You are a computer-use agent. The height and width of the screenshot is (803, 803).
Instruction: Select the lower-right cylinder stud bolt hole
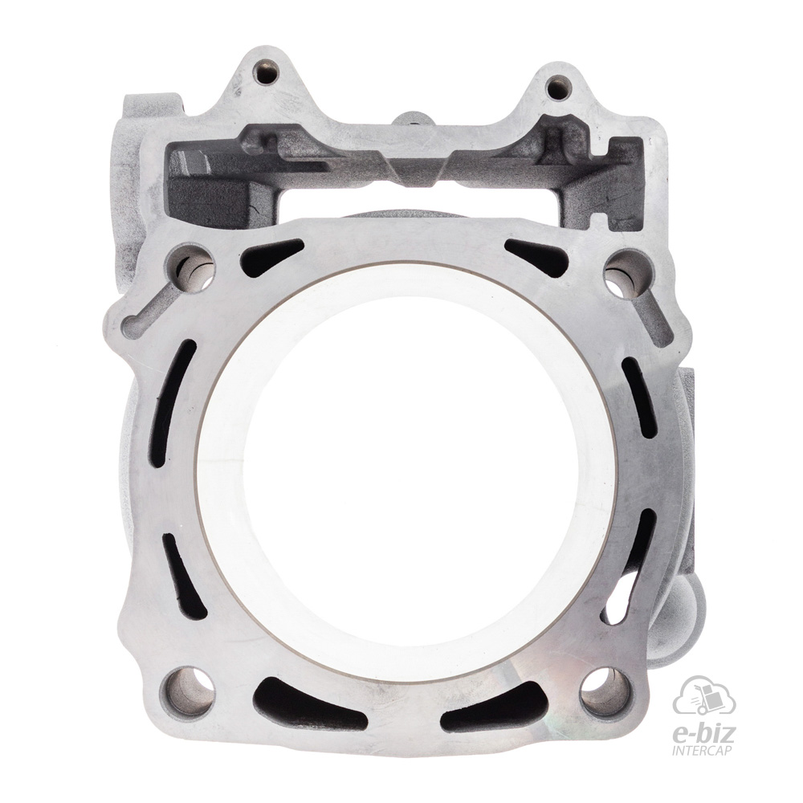pyautogui.click(x=605, y=687)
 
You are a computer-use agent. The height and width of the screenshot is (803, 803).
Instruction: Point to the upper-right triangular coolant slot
pyautogui.click(x=537, y=258)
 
